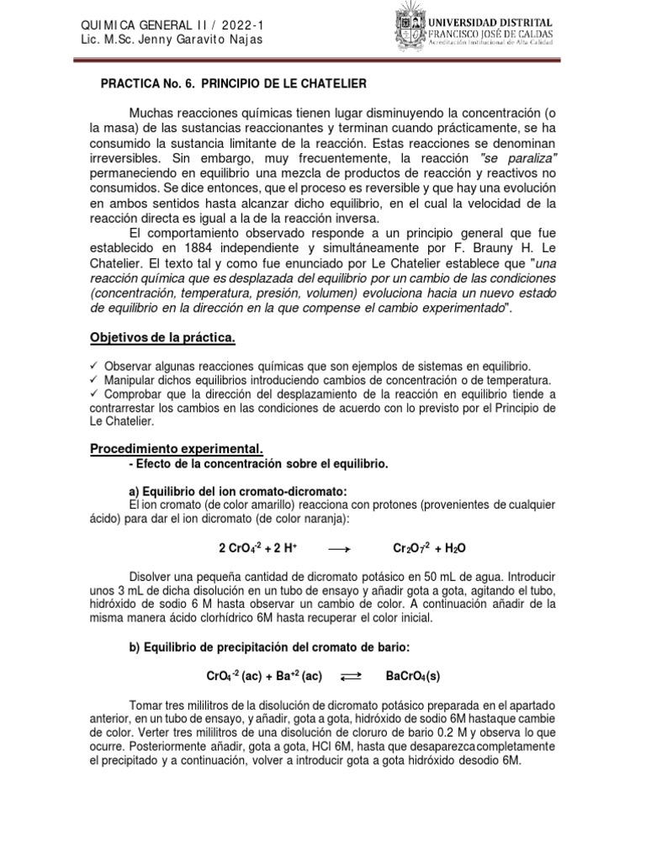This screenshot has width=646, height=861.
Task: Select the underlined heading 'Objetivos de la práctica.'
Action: click(162, 338)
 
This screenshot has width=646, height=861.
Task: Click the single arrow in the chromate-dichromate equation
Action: click(337, 548)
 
